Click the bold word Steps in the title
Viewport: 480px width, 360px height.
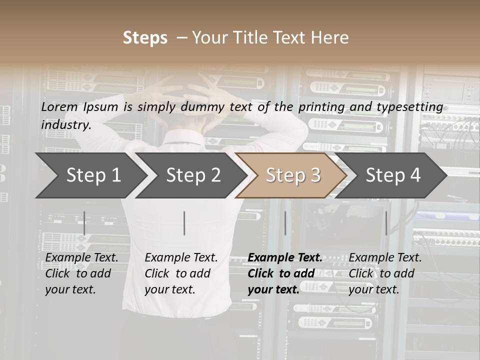tap(145, 37)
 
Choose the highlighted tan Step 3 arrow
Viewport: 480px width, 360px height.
tap(293, 175)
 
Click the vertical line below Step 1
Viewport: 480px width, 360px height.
tap(84, 223)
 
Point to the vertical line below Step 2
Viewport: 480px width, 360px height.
tap(184, 223)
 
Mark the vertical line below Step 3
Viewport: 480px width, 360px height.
tap(285, 223)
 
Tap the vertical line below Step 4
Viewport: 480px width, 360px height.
tap(386, 223)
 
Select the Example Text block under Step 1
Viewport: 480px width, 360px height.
tap(81, 273)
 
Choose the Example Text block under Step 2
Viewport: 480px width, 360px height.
tap(181, 273)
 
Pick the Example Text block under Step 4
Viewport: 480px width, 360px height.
tap(385, 273)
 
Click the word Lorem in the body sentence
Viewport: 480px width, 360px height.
tap(59, 106)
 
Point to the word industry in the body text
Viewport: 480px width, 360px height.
tap(66, 124)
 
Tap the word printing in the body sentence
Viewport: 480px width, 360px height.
tap(330, 106)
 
